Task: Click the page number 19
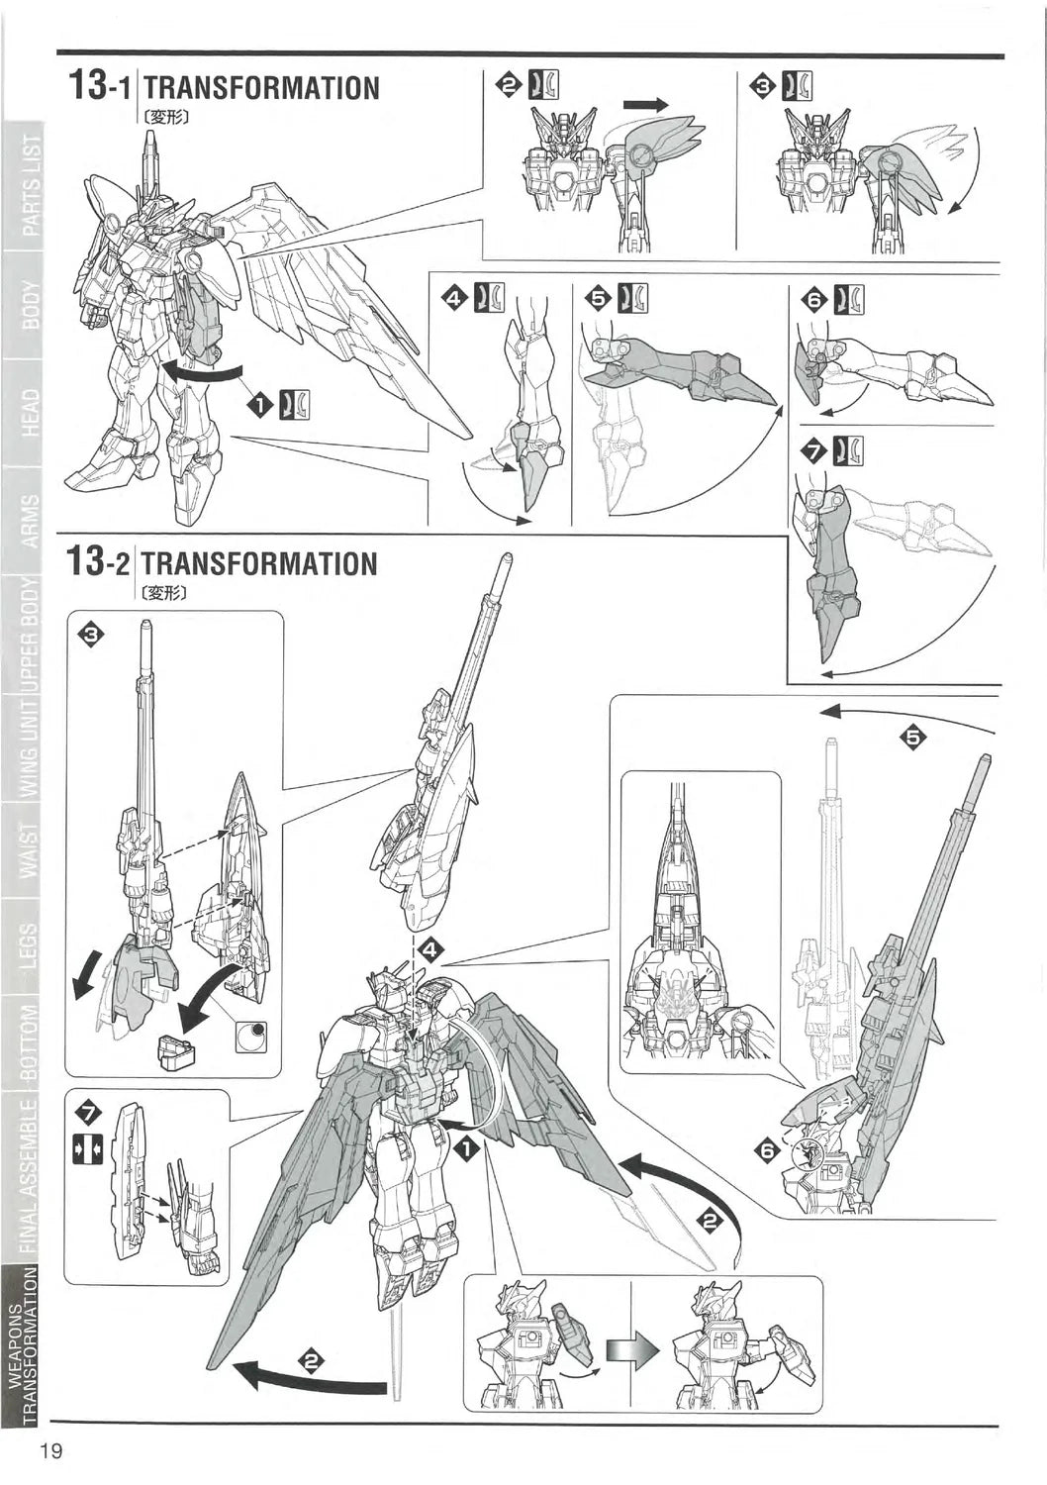click(x=51, y=1451)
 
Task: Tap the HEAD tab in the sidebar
click(x=31, y=412)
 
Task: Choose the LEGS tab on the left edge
click(x=31, y=944)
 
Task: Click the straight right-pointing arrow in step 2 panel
click(x=645, y=104)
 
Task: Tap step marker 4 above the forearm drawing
click(x=454, y=297)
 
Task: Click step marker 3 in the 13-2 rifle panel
click(x=89, y=635)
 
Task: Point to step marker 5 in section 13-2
click(x=912, y=737)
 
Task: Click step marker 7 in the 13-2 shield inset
click(x=88, y=1114)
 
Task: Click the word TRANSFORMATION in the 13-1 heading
click(x=261, y=87)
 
